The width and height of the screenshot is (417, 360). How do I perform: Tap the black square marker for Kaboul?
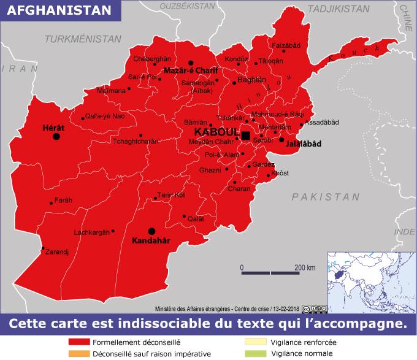pos(246,135)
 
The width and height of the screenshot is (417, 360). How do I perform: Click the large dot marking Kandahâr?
pos(151,231)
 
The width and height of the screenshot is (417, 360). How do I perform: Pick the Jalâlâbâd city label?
pos(304,144)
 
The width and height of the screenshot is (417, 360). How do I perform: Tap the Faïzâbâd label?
pos(286,45)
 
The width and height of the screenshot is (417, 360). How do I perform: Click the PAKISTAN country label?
pos(326,197)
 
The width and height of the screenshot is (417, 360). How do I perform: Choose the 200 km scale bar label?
pos(304,267)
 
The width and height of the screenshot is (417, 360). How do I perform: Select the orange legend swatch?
pos(78,354)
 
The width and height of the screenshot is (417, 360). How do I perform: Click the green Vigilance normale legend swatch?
pos(254,354)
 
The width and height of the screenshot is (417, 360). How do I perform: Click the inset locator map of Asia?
pos(370,278)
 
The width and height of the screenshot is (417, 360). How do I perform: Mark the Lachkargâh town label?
pos(91,232)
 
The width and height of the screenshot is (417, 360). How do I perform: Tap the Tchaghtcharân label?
pos(136,141)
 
